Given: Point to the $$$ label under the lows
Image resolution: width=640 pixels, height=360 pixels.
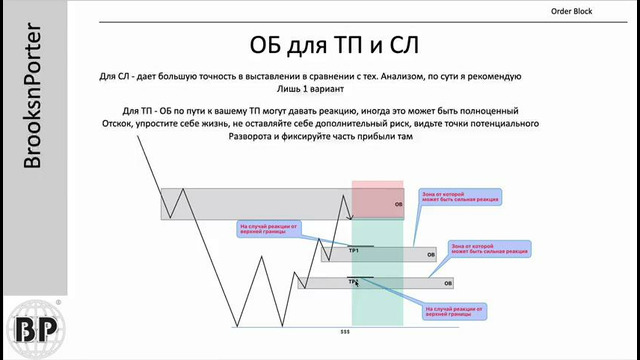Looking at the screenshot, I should (x=345, y=331).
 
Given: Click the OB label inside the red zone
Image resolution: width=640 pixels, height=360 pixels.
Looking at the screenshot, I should (x=398, y=203).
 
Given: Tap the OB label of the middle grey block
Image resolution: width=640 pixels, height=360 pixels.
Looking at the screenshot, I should (x=431, y=255).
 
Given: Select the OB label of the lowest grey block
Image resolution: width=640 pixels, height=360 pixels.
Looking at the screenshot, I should (x=434, y=284).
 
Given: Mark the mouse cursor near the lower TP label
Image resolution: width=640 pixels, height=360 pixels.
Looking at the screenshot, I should (x=357, y=284).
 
